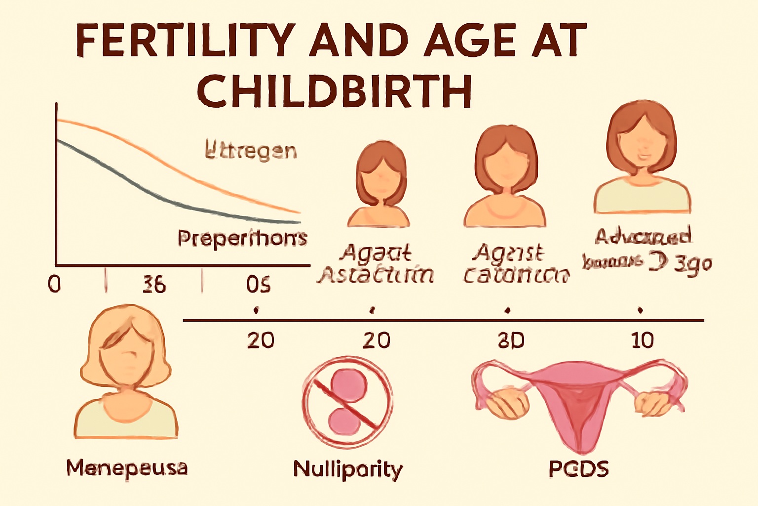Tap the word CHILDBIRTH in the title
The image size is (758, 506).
point(335,91)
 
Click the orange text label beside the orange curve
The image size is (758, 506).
point(251,150)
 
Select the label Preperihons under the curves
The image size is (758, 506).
point(242,238)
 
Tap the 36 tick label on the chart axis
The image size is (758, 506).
point(154,285)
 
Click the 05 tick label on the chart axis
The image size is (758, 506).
point(258,285)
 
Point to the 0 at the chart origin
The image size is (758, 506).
point(54,284)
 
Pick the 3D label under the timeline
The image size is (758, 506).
point(511,340)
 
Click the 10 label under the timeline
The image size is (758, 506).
point(642,340)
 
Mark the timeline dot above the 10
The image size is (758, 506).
point(640,310)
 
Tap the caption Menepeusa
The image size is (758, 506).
point(127,468)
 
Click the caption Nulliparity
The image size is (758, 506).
point(348,469)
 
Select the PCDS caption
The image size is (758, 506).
point(578,468)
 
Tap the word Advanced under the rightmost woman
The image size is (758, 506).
point(643,237)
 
